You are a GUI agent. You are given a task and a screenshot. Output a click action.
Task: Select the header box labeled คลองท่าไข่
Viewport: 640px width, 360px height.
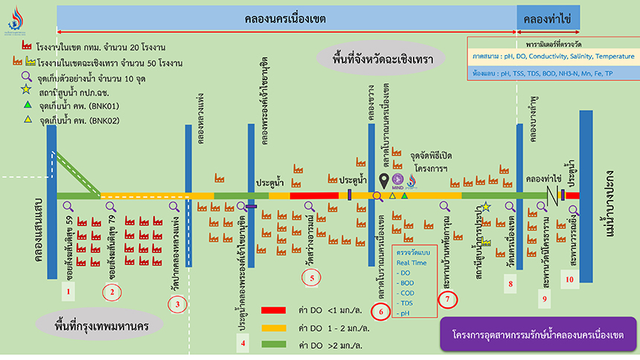(547, 19)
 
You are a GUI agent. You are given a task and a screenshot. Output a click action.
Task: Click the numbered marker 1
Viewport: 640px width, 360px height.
(68, 292)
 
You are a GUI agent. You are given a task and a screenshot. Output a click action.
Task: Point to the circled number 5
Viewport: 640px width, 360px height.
(313, 278)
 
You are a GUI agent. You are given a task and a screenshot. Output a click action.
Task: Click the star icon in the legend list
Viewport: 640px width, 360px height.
(26, 90)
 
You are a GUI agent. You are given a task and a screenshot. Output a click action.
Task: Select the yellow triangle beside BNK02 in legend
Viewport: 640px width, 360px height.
(26, 119)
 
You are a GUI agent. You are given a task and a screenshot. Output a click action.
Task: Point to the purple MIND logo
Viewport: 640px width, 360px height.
(398, 181)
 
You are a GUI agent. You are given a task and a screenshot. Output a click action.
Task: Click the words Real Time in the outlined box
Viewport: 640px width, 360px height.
(412, 263)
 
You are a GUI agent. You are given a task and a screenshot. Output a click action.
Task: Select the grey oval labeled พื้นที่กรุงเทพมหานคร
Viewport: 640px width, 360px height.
(89, 327)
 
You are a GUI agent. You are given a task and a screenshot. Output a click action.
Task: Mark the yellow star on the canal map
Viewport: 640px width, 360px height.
(486, 206)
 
